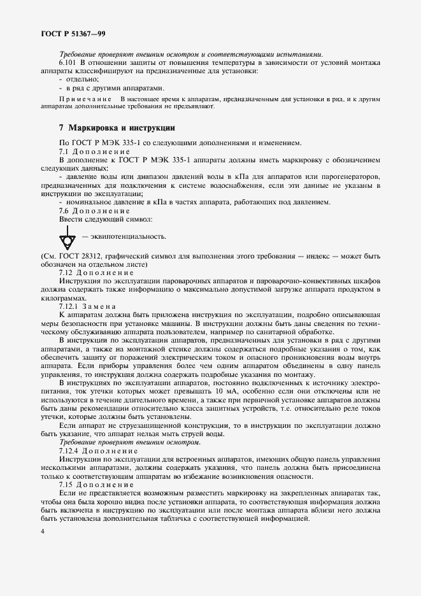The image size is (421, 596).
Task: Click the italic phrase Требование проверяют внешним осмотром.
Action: click(129, 441)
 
